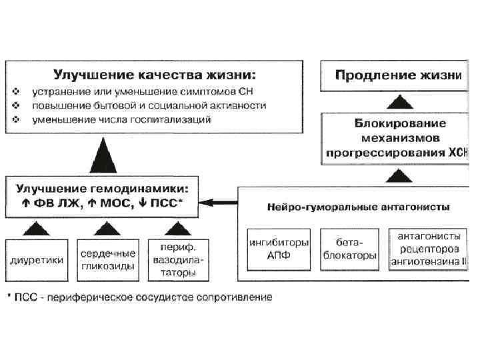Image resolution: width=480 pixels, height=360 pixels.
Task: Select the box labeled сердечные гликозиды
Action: click(x=108, y=260)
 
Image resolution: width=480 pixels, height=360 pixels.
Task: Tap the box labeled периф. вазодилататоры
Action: click(x=178, y=260)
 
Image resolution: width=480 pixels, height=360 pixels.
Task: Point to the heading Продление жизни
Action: click(x=399, y=75)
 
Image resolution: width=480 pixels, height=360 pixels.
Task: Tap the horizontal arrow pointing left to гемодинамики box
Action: click(x=221, y=201)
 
